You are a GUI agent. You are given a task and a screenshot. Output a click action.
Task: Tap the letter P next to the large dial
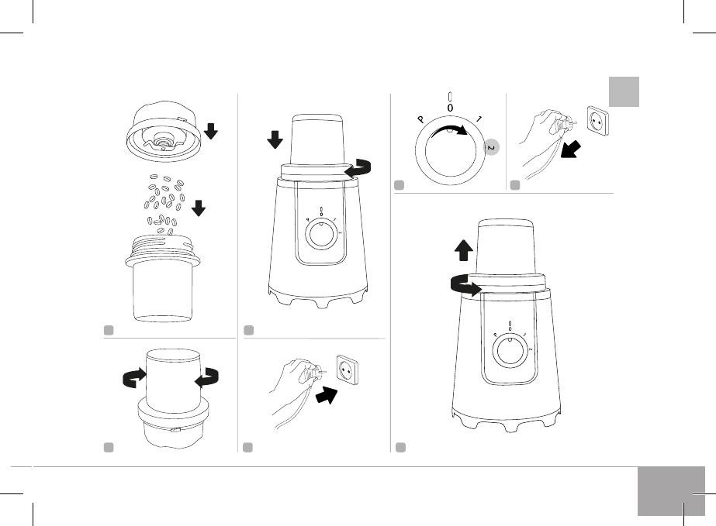click(x=420, y=121)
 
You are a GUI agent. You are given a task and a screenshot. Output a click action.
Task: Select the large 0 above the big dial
click(x=450, y=108)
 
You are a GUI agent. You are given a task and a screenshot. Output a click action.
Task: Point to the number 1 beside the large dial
click(x=480, y=119)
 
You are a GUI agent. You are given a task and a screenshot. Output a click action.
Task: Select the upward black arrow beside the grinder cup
click(x=462, y=249)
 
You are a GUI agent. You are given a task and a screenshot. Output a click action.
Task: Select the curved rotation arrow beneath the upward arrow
click(x=463, y=286)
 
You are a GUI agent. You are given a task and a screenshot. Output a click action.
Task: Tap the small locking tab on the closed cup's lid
click(x=177, y=428)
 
